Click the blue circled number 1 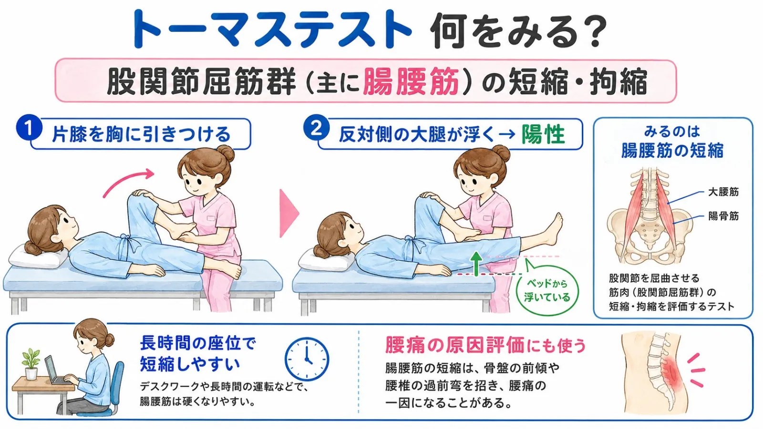[x=29, y=128]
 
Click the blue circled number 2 [x=317, y=128]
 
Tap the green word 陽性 [x=543, y=134]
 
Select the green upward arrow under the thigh [x=476, y=264]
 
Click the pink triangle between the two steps [x=288, y=214]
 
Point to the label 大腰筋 [x=723, y=192]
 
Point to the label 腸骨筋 [x=723, y=216]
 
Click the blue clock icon [x=307, y=359]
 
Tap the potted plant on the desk [x=31, y=364]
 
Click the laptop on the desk [x=56, y=371]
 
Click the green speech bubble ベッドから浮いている [x=546, y=290]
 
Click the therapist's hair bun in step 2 [x=501, y=153]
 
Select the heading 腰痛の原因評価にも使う [x=486, y=345]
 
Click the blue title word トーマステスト [x=272, y=29]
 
